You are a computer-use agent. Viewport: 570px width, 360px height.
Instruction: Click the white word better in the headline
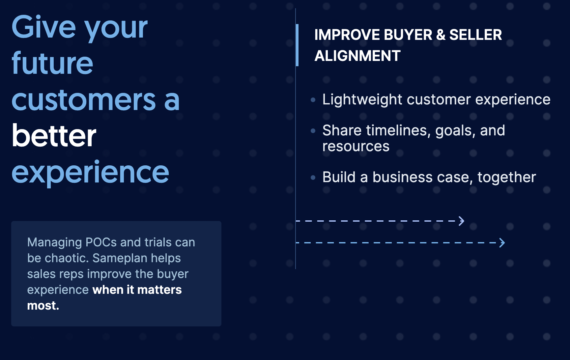click(54, 135)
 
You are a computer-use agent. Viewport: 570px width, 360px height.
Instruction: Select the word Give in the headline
click(44, 27)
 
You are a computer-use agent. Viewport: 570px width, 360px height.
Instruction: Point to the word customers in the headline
click(84, 100)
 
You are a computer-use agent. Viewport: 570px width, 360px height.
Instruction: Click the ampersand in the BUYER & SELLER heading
click(441, 35)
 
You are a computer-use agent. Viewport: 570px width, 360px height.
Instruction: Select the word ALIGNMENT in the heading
click(357, 56)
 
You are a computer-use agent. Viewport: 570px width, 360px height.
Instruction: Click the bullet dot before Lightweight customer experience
click(313, 100)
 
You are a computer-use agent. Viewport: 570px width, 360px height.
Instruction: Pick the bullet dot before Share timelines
click(313, 131)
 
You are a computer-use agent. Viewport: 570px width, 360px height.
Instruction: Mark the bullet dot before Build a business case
click(313, 178)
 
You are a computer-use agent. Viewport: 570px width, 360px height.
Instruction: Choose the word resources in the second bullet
click(356, 147)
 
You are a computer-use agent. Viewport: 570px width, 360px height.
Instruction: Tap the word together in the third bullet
click(507, 178)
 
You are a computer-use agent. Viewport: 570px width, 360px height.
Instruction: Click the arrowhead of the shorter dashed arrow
click(462, 221)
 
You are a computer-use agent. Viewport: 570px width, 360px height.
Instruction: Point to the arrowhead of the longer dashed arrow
click(502, 243)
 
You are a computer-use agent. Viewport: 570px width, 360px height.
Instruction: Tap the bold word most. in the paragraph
click(43, 306)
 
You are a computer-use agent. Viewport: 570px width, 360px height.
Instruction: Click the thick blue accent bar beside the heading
click(297, 45)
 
